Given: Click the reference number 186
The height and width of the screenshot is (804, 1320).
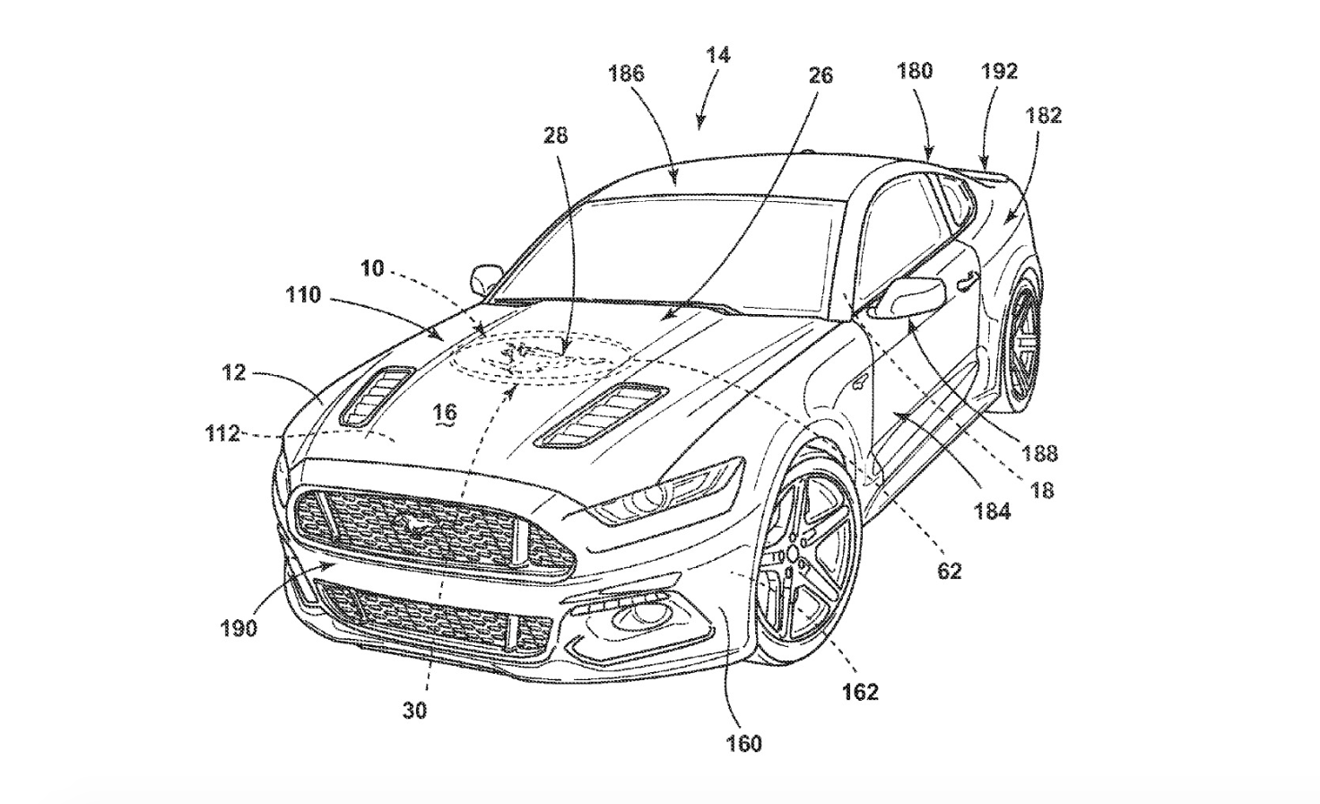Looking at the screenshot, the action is (x=627, y=74).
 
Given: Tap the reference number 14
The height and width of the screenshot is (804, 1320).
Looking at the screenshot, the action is (x=717, y=56).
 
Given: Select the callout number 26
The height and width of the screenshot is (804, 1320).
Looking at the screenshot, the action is (x=821, y=75).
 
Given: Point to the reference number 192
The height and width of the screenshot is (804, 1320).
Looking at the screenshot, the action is (x=999, y=72).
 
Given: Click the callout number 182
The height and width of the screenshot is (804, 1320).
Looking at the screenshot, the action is (x=1043, y=115).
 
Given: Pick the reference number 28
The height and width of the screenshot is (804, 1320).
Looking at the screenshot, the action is (x=555, y=135).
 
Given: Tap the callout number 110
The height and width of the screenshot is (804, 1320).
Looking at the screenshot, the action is (x=303, y=294).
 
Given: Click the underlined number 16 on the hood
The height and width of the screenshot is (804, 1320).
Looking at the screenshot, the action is (x=446, y=412).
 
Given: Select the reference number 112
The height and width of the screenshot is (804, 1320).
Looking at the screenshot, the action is (x=222, y=434).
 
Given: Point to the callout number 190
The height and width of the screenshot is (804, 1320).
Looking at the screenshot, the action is (x=239, y=629).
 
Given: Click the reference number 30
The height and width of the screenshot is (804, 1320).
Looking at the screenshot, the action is (x=414, y=711).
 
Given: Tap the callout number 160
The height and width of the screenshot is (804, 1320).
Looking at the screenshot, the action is (x=743, y=744).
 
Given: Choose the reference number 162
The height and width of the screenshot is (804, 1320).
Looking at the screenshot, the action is (x=860, y=692).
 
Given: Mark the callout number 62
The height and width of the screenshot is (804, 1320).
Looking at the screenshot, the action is (x=950, y=571).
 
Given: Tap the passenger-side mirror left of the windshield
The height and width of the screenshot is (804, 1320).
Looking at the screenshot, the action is (x=486, y=278).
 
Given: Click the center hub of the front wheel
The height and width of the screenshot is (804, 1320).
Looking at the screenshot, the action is (x=794, y=555).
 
